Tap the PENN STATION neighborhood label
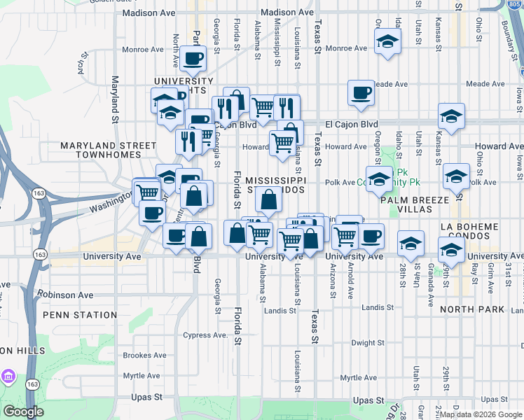click(x=78, y=315)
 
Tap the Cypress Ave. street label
click(x=205, y=335)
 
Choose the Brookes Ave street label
click(x=145, y=356)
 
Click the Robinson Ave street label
click(x=65, y=295)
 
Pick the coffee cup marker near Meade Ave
click(x=361, y=92)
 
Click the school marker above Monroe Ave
click(x=387, y=41)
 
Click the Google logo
click(x=23, y=412)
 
